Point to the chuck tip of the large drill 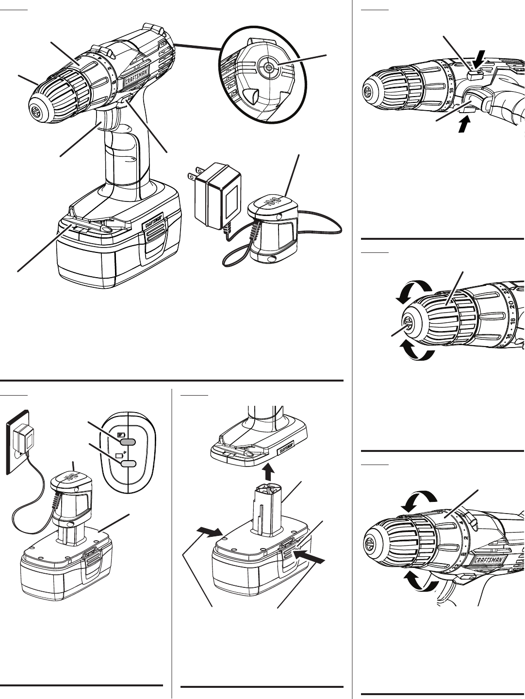(x=37, y=110)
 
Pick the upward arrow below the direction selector (x=465, y=123)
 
